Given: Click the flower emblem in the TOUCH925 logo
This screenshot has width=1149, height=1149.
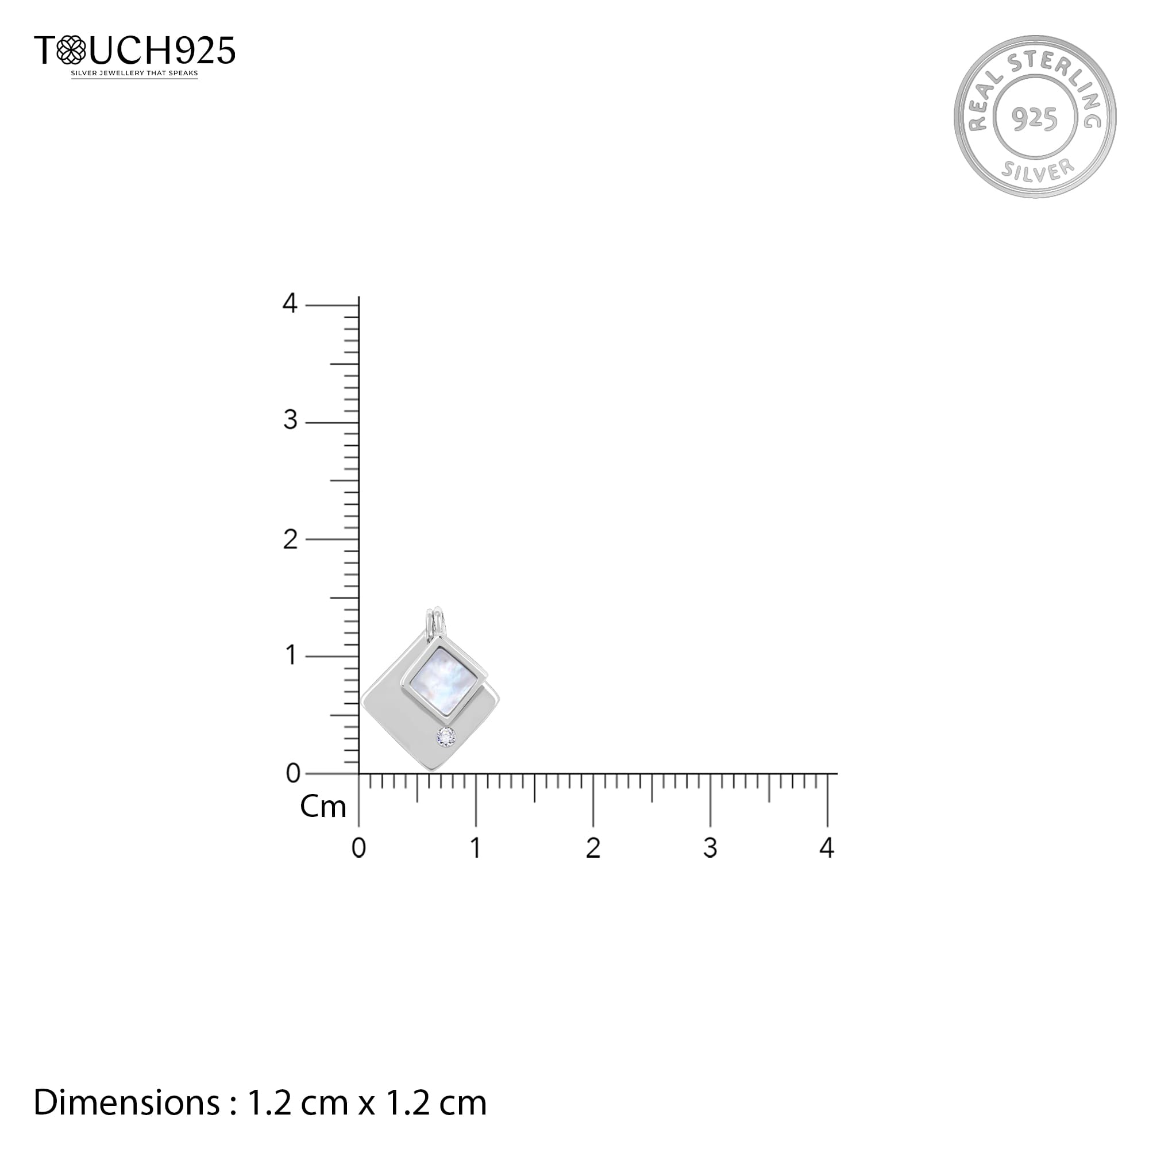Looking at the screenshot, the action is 71,50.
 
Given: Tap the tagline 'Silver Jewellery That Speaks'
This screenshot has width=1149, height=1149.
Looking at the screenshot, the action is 134,74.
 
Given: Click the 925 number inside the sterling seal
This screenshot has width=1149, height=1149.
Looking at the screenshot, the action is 1035,119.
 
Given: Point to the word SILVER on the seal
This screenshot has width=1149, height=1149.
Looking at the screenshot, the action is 1038,170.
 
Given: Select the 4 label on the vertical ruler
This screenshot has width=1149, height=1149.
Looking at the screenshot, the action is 290,303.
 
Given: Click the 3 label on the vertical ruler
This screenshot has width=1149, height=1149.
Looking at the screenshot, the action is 290,421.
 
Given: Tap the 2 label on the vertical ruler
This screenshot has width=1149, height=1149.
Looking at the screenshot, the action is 290,539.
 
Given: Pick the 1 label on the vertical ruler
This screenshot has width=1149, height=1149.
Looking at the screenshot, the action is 291,656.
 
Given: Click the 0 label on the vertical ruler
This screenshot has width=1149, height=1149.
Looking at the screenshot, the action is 292,774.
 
